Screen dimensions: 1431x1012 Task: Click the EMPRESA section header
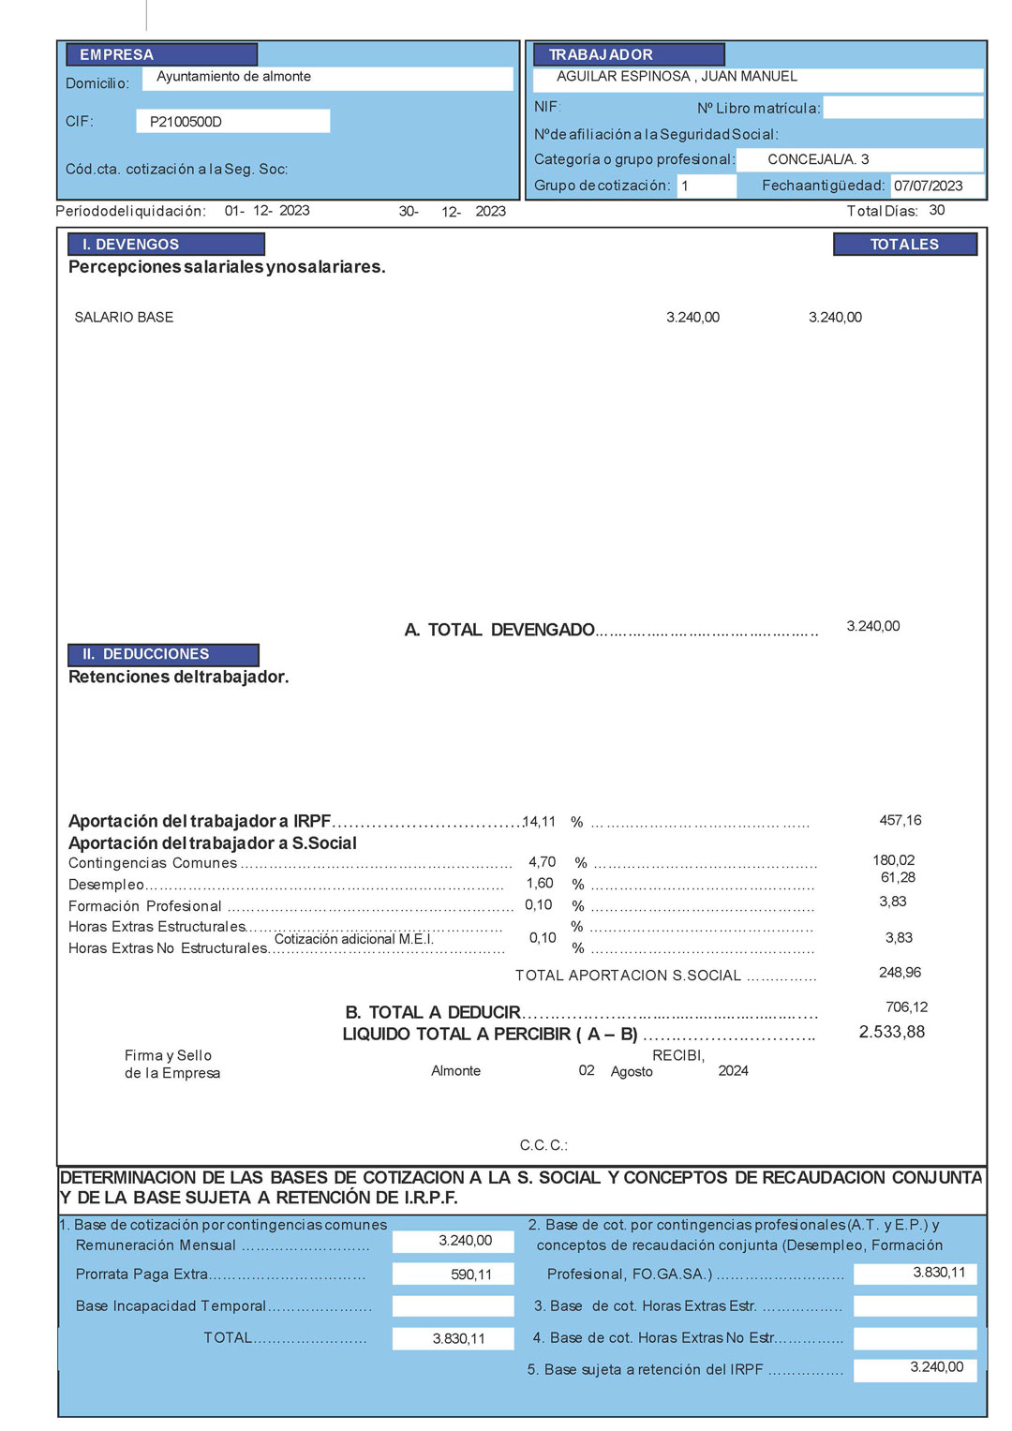(x=116, y=54)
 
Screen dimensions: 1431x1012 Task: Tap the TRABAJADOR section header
(x=601, y=54)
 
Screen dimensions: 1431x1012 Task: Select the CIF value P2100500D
(x=186, y=122)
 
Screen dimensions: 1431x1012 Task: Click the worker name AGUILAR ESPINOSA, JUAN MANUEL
(x=677, y=77)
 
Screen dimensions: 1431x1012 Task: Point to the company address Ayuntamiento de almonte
(x=233, y=77)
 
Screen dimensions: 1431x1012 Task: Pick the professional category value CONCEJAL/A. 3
(x=818, y=159)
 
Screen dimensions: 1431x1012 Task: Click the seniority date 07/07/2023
(x=928, y=186)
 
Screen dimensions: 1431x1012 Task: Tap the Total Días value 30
(x=936, y=210)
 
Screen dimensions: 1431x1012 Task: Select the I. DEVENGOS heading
(x=130, y=245)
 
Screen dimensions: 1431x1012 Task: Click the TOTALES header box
(x=904, y=245)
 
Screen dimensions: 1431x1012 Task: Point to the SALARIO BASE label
(x=124, y=318)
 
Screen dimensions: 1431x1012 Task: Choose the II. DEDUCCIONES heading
(x=145, y=654)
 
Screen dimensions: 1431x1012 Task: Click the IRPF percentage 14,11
(x=539, y=822)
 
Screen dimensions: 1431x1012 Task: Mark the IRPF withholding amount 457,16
(x=900, y=820)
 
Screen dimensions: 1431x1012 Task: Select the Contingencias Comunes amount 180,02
(x=893, y=860)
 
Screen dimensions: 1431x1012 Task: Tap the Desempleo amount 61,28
(x=898, y=877)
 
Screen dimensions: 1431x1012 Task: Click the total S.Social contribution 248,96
(x=900, y=973)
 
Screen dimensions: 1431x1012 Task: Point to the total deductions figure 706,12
(x=906, y=1007)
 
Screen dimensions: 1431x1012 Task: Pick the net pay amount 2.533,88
(x=891, y=1032)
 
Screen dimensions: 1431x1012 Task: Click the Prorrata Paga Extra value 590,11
(x=470, y=1274)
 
